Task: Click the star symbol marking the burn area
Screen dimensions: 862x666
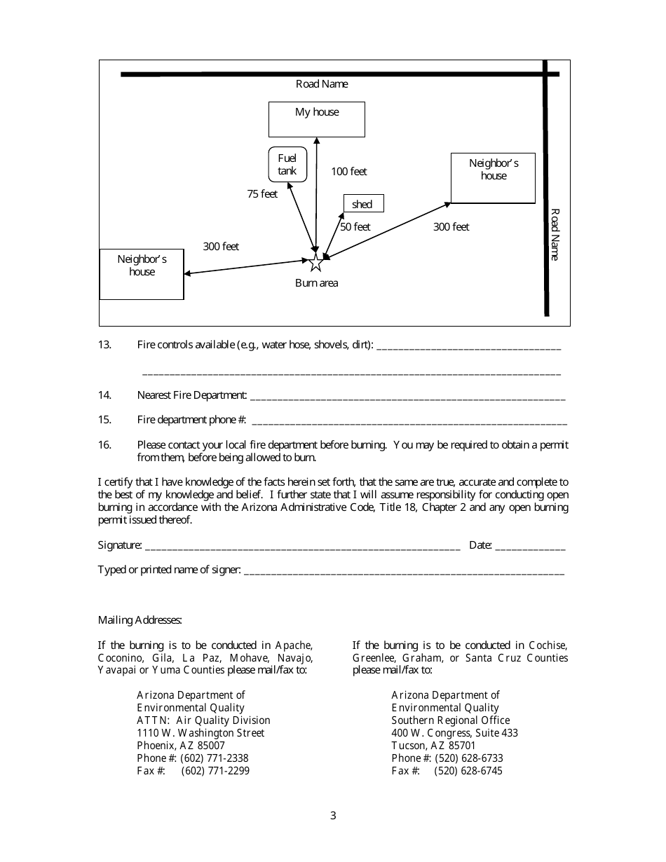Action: [315, 264]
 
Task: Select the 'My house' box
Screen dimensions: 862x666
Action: [317, 119]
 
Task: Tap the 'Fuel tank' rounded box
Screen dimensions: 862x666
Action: [287, 165]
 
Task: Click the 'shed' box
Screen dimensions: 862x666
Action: [363, 204]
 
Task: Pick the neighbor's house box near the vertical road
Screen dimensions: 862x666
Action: [493, 178]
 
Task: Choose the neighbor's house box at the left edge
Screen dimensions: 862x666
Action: [142, 274]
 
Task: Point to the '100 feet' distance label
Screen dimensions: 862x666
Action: [349, 172]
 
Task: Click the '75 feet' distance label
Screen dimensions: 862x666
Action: [262, 194]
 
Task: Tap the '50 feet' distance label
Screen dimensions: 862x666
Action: [355, 227]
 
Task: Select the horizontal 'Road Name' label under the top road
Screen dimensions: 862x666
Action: [322, 84]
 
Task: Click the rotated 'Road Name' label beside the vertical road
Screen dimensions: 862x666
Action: [554, 234]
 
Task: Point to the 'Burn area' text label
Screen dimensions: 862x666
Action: [317, 283]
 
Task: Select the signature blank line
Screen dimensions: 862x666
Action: [301, 547]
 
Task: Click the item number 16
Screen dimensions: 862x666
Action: [105, 445]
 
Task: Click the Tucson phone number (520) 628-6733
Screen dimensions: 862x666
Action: [469, 758]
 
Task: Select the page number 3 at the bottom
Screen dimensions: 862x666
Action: [333, 816]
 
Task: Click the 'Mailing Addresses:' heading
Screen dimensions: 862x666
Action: [140, 620]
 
